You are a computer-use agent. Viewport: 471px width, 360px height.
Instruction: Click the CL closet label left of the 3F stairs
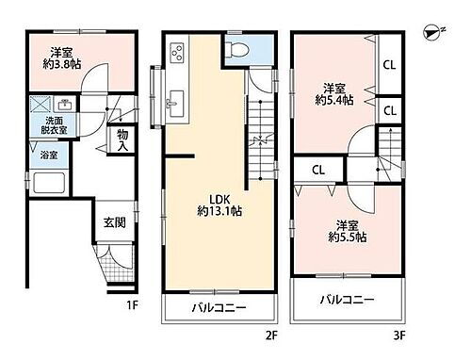[318, 171]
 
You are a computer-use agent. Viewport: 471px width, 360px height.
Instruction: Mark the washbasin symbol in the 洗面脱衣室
[65, 105]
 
